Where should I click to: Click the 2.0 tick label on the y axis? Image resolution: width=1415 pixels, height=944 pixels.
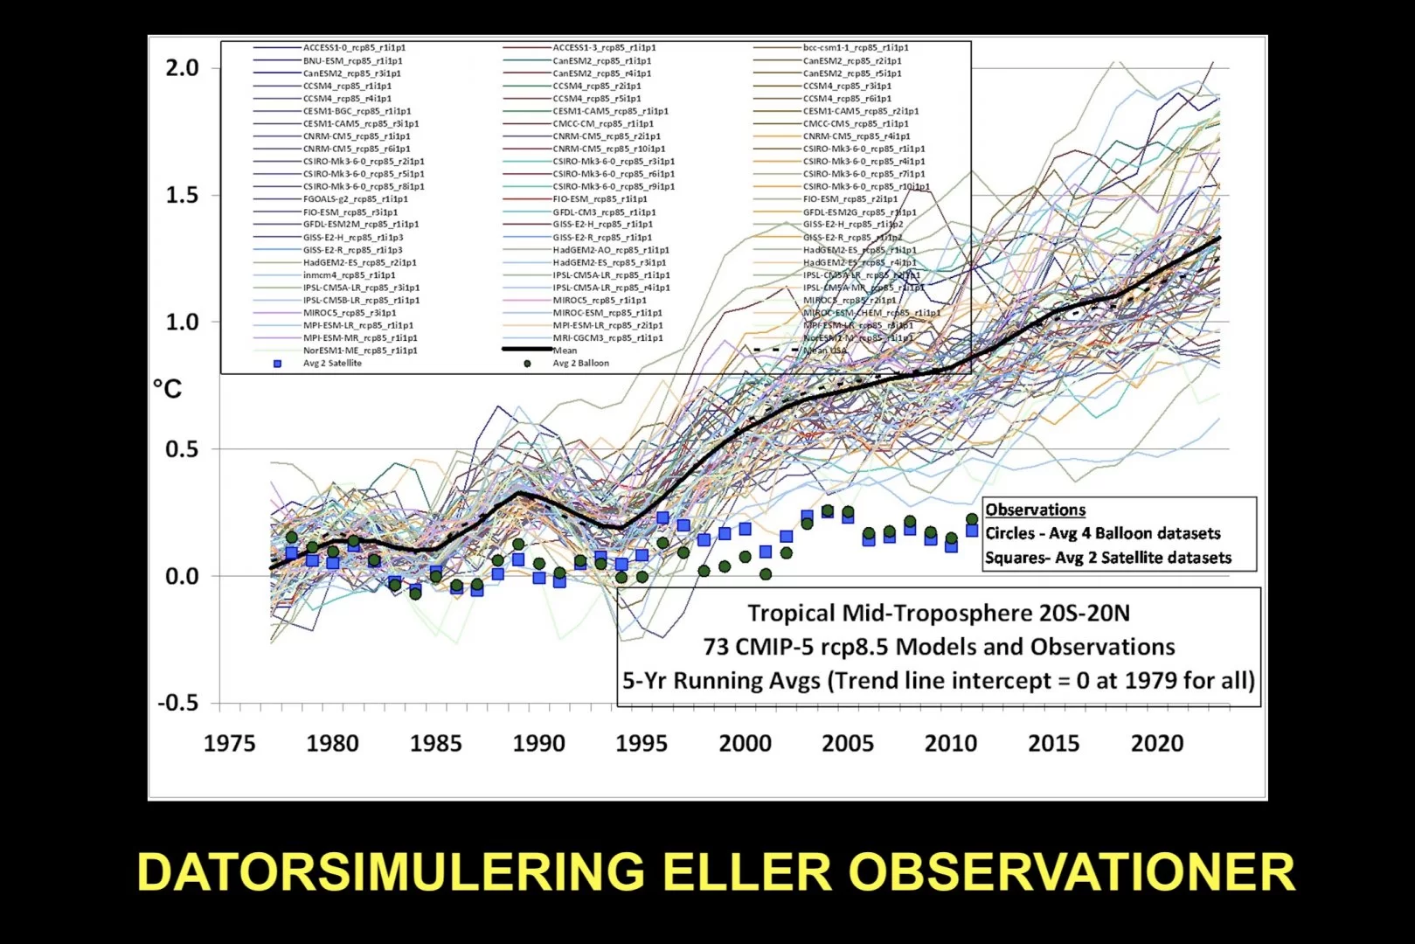pyautogui.click(x=182, y=68)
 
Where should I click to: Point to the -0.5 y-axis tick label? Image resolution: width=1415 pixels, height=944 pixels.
pyautogui.click(x=177, y=704)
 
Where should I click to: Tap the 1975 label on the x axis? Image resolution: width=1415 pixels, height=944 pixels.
pyautogui.click(x=229, y=744)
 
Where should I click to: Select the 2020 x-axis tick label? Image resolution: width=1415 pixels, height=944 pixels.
pyautogui.click(x=1156, y=744)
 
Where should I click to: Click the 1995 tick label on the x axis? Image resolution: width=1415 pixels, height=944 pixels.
pyautogui.click(x=641, y=744)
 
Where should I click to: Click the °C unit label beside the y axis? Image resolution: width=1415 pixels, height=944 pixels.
pyautogui.click(x=168, y=388)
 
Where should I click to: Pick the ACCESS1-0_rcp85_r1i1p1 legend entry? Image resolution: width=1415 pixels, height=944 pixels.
pyautogui.click(x=354, y=48)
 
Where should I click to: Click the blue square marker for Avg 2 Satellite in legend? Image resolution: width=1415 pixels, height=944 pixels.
pyautogui.click(x=278, y=364)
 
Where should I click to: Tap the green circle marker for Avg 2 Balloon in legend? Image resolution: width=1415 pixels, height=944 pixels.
pyautogui.click(x=527, y=364)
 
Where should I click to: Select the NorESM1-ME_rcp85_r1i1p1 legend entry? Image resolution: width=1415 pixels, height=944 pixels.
pyautogui.click(x=359, y=351)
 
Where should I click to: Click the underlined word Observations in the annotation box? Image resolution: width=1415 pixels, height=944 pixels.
pyautogui.click(x=1035, y=510)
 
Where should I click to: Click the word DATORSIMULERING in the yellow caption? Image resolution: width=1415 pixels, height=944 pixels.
pyautogui.click(x=390, y=872)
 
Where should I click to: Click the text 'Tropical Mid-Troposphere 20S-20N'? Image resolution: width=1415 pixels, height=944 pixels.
pyautogui.click(x=938, y=614)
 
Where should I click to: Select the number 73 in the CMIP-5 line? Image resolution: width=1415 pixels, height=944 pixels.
pyautogui.click(x=716, y=647)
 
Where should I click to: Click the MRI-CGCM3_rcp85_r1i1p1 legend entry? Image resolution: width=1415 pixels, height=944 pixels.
pyautogui.click(x=607, y=338)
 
